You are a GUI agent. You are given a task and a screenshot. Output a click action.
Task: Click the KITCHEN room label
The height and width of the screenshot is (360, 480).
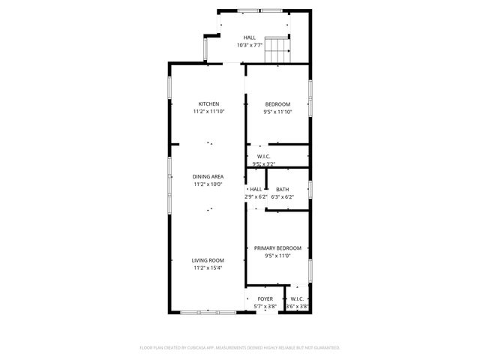point(208,103)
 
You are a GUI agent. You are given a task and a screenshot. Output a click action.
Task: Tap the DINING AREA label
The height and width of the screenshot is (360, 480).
point(208,176)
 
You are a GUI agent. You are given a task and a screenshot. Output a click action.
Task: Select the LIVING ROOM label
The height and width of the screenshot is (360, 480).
point(208,260)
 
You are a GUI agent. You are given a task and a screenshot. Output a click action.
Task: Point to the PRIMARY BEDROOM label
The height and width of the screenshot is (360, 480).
point(277,248)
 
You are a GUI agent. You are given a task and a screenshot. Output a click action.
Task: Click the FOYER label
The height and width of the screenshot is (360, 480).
point(265,298)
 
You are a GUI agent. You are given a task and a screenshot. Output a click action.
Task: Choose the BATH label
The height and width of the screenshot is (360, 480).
point(282,189)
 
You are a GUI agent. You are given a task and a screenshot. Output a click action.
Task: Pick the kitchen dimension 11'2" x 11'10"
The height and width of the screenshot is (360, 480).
point(208,111)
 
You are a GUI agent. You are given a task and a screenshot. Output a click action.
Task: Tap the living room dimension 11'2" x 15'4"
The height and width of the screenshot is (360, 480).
point(208,268)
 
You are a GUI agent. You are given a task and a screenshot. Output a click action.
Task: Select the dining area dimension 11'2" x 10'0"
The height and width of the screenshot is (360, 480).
point(208,184)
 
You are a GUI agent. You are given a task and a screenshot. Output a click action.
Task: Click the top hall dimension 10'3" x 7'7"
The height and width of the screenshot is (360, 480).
point(249,45)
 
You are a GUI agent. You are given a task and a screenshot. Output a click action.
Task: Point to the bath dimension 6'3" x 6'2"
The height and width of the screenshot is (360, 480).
point(282,196)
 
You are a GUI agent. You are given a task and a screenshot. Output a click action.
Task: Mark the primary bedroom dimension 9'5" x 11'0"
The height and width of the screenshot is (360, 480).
point(277,256)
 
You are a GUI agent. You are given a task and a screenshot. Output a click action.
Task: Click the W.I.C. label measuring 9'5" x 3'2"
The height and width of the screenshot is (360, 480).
point(264,156)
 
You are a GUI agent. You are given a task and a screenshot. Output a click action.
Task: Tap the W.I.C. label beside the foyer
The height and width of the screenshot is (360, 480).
point(297,298)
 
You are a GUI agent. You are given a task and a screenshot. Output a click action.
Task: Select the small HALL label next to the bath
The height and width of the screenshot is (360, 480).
point(256,189)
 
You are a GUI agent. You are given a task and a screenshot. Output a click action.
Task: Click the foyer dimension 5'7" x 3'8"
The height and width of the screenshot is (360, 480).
point(265,306)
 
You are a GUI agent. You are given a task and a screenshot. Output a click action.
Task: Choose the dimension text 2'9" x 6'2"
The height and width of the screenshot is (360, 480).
point(256,196)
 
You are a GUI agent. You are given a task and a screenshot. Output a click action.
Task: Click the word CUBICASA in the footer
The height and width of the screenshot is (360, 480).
point(196,348)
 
